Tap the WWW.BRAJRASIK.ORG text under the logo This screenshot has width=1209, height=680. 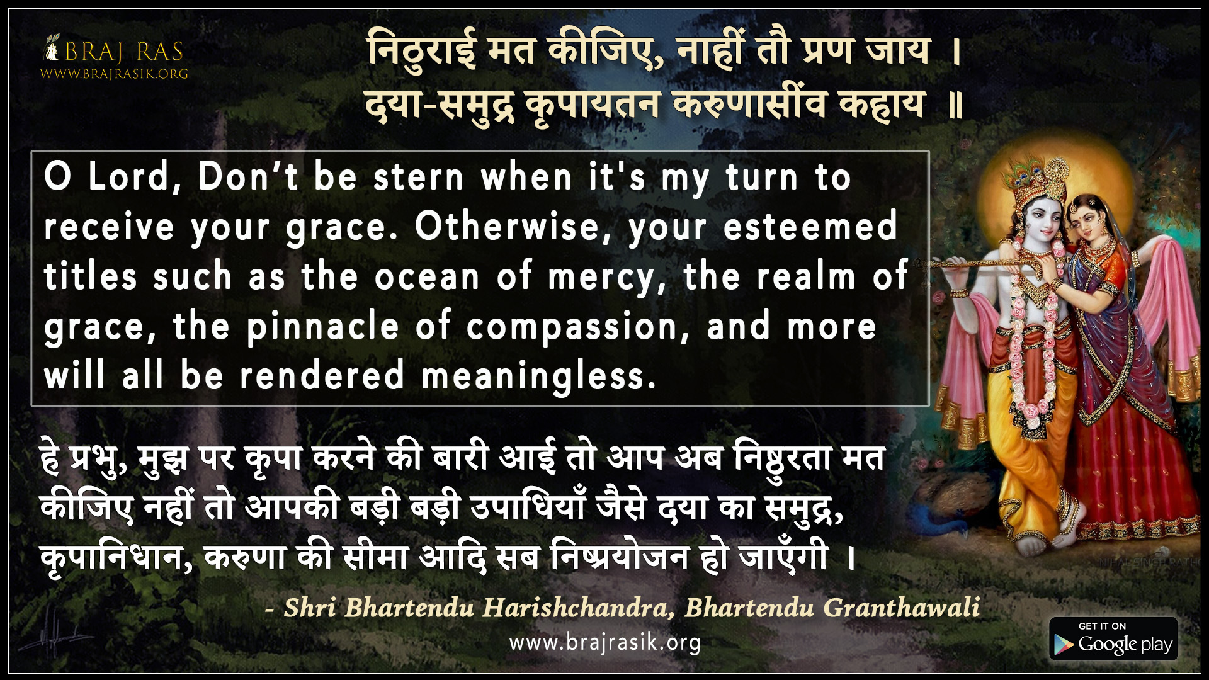pos(114,74)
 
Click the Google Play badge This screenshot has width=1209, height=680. pos(1113,639)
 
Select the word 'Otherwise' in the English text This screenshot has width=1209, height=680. pos(507,227)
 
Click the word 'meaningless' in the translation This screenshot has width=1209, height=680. pos(538,377)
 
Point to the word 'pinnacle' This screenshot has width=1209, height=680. pos(323,327)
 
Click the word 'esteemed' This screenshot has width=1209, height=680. pos(810,227)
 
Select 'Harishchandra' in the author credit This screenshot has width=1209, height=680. pos(575,608)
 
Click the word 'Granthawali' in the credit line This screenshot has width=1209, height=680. pos(901,608)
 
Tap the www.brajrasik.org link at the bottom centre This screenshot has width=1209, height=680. pos(604,643)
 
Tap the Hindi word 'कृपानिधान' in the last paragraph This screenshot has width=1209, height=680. pos(116,558)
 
